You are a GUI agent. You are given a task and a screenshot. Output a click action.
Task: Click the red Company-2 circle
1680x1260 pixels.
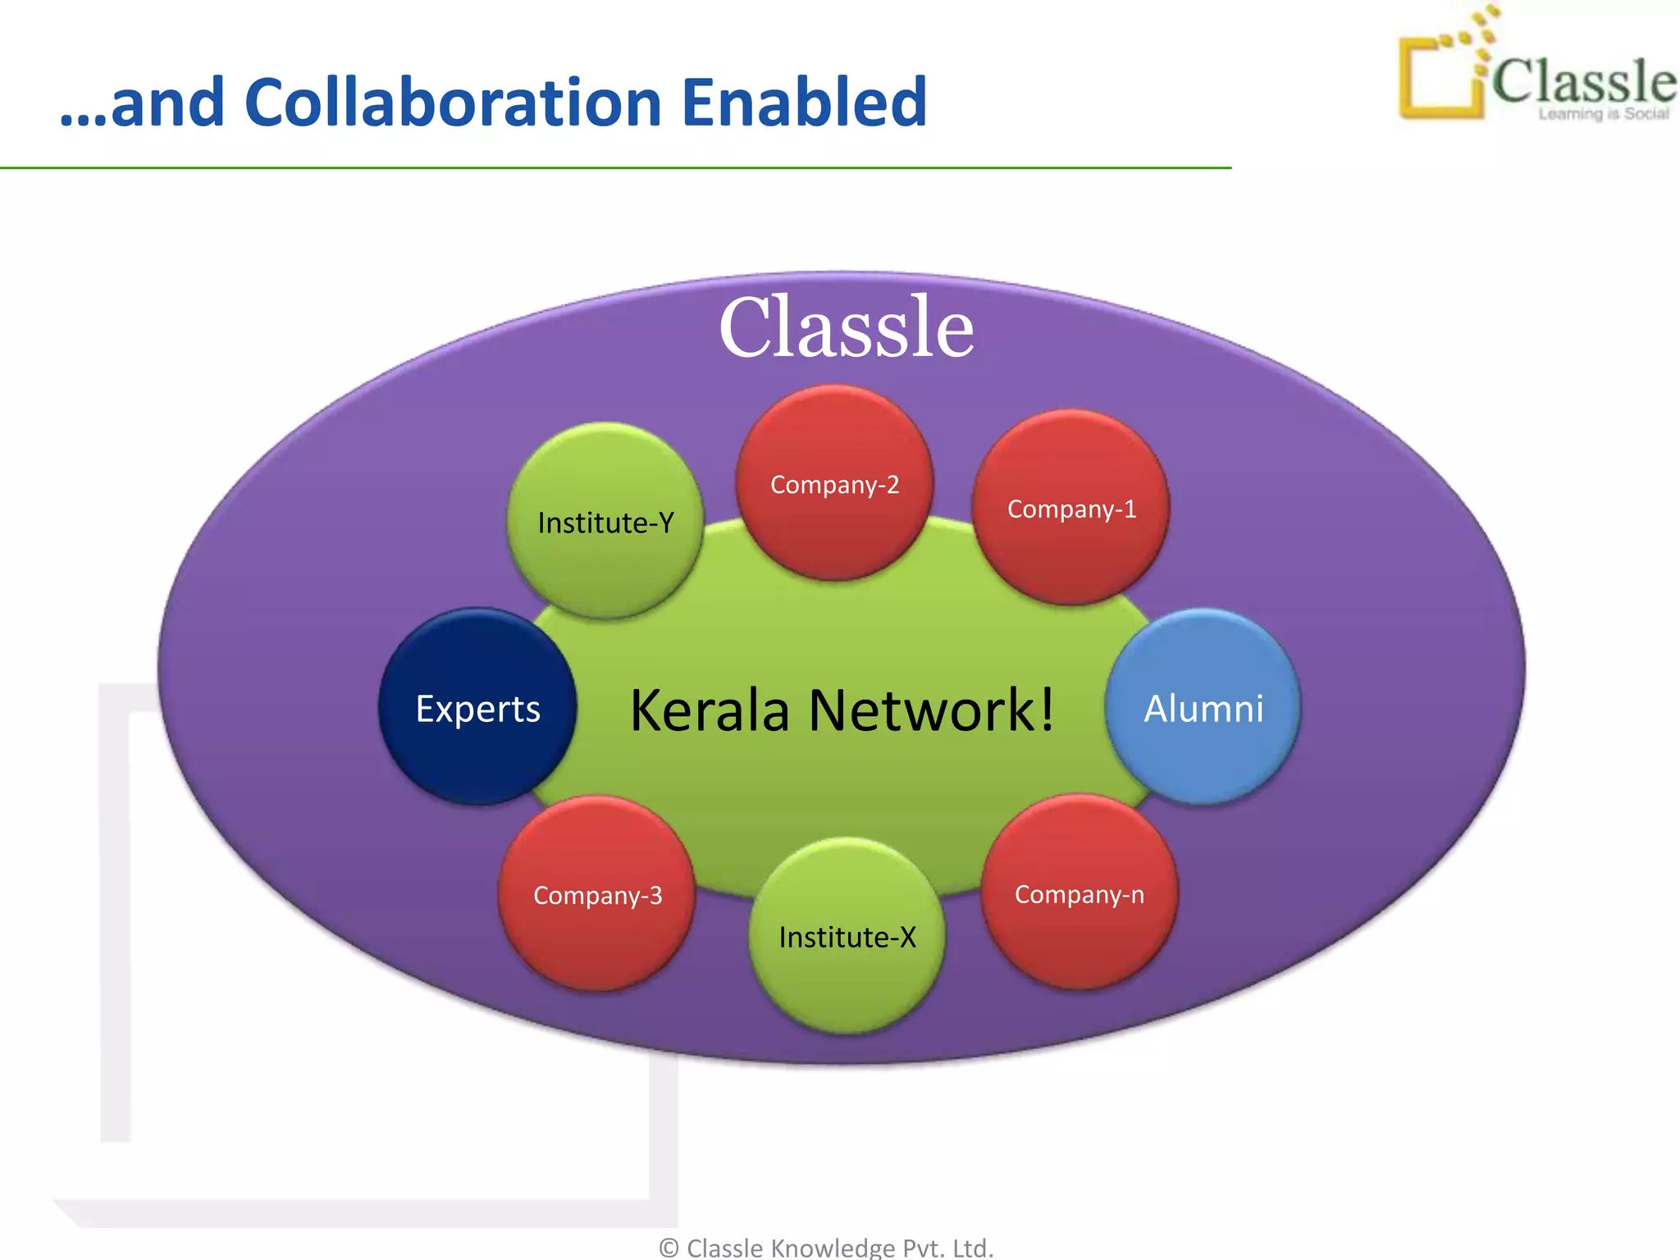point(834,484)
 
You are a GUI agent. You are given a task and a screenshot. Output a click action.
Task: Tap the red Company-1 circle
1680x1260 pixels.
point(1071,509)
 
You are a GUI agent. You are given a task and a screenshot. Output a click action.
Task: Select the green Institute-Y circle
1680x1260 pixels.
point(605,522)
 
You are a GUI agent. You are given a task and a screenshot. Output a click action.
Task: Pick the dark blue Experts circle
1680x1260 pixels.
point(477,708)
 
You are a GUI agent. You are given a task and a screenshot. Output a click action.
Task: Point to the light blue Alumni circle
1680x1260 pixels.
point(1203,708)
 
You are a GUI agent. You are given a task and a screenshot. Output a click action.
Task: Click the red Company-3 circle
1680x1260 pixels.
point(597,894)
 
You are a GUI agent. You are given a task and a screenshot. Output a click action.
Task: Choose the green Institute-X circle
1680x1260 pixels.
point(847,937)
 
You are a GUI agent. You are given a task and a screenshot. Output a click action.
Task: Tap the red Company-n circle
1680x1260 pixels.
point(1079,893)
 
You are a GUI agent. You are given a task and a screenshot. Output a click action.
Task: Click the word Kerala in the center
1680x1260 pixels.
point(710,710)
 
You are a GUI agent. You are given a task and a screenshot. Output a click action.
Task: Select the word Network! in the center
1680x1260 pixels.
point(931,710)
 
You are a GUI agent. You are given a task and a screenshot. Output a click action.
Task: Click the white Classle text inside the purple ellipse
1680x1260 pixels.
point(847,328)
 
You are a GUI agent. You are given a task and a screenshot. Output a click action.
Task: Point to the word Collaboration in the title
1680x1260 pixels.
point(453,103)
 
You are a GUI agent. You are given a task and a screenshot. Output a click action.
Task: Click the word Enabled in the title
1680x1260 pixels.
point(804,103)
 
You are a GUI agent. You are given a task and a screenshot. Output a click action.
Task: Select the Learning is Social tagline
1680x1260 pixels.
point(1603,114)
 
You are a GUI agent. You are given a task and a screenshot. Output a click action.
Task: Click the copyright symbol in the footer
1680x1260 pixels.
point(669,1248)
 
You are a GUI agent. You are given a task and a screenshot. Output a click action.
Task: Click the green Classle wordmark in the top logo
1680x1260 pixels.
point(1583,80)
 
